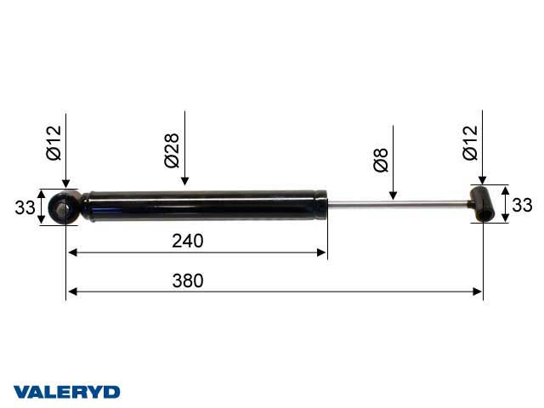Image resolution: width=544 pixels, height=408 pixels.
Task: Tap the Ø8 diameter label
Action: (381, 160)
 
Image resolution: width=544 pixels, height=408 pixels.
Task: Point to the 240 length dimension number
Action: (188, 241)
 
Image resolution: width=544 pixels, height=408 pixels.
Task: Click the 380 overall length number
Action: (188, 281)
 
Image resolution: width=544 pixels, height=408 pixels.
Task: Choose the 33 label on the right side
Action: (522, 205)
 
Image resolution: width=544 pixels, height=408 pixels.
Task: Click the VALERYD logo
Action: (65, 392)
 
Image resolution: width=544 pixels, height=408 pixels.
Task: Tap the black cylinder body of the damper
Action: (204, 205)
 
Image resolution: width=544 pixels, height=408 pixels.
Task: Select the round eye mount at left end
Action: (64, 207)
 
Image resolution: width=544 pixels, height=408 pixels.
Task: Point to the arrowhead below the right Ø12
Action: (482, 181)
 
